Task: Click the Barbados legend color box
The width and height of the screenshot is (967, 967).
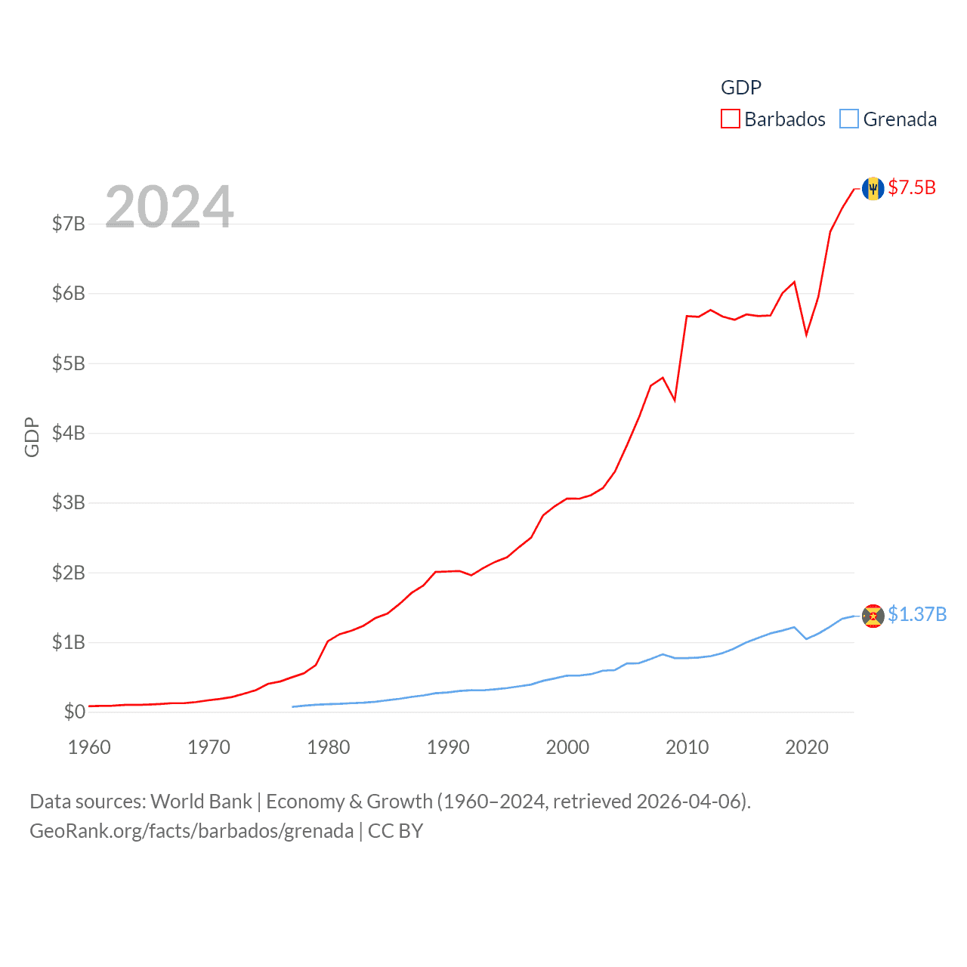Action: point(730,119)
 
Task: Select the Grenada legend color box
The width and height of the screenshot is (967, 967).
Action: point(849,119)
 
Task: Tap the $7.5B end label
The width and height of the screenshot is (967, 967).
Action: point(912,187)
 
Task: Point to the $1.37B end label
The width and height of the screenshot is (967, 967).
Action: point(917,614)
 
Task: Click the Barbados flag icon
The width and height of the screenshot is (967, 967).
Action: point(873,189)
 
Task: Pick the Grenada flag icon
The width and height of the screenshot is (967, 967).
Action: point(873,616)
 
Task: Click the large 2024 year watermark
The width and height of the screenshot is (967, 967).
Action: point(169,206)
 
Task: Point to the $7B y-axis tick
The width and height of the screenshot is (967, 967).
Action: point(68,224)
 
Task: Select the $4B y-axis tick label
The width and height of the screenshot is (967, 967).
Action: point(68,433)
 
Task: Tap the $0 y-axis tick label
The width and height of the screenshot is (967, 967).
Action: point(74,712)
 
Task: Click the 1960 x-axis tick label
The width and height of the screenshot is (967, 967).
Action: point(89,748)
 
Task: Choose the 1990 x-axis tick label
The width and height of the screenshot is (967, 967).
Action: point(448,748)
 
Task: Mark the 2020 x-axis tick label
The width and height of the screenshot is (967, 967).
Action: point(807,748)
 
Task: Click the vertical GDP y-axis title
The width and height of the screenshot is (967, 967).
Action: point(32,437)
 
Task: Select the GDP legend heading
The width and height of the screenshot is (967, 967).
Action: point(741,88)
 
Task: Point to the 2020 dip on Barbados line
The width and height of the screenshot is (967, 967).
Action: point(806,334)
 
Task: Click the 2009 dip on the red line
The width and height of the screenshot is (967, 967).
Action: point(675,400)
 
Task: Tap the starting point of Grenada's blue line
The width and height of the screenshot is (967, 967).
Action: point(292,707)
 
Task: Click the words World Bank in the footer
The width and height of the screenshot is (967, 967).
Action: point(202,802)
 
